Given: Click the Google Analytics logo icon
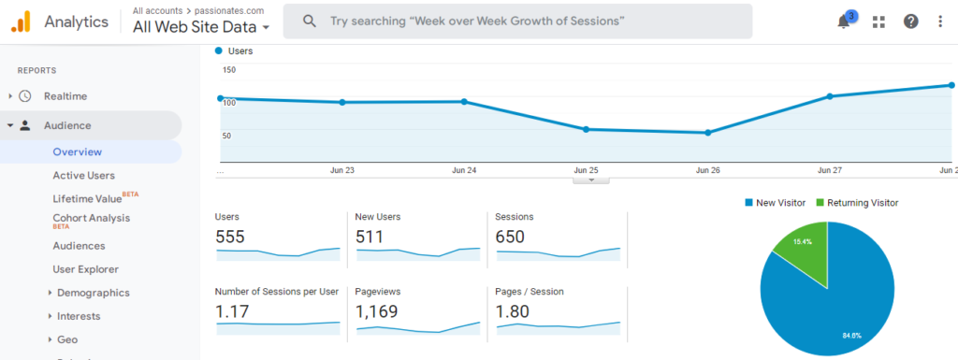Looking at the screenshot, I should (x=21, y=21).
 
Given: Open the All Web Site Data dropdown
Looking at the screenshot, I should (x=201, y=27).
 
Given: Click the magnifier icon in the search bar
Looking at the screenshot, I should (x=310, y=21).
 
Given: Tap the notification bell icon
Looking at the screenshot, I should (x=844, y=22).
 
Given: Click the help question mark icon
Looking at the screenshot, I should (x=910, y=22).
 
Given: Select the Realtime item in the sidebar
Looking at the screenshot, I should (x=65, y=95).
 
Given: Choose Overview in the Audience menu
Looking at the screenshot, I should (x=78, y=151).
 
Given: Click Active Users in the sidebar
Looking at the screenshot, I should (x=84, y=175).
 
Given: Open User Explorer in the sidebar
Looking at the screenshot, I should (x=86, y=269).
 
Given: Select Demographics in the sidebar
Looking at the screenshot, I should (x=94, y=293).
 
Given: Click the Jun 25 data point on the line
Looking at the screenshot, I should (x=587, y=129).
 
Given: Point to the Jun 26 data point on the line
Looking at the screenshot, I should (x=708, y=133).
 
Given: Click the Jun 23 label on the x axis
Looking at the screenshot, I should (x=342, y=170).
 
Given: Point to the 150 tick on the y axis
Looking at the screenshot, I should (x=228, y=70).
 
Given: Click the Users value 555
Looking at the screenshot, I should (x=230, y=237).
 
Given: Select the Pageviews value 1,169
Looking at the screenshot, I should (x=376, y=311).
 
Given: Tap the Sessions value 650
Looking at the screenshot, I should (x=511, y=237).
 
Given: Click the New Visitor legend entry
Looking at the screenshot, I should (x=775, y=203).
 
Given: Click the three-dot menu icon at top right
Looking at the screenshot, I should (x=940, y=22).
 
